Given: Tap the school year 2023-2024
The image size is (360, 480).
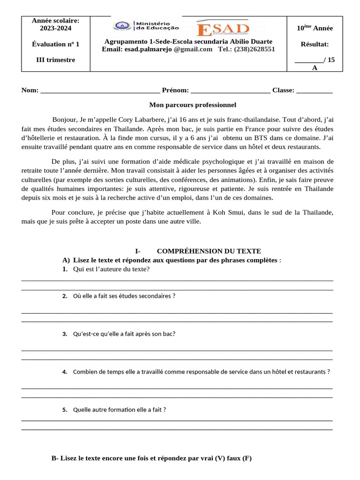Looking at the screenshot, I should (x=55, y=28).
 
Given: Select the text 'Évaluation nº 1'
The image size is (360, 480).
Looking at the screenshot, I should (x=55, y=44).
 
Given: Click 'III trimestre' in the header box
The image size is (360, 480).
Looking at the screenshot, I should (x=55, y=60).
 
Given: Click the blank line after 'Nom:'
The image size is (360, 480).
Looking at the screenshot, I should (x=100, y=90).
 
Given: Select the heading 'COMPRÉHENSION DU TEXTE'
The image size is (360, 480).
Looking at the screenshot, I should (x=209, y=251).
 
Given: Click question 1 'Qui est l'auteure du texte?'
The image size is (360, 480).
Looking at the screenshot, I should (x=111, y=269).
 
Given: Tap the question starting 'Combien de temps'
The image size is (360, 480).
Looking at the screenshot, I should (x=202, y=372).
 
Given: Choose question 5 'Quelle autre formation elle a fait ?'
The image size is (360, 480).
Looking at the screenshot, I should (x=120, y=409).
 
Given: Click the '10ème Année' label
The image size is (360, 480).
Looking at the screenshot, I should (x=315, y=28).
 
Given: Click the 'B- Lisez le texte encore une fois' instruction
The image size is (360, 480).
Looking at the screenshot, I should (x=151, y=458).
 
